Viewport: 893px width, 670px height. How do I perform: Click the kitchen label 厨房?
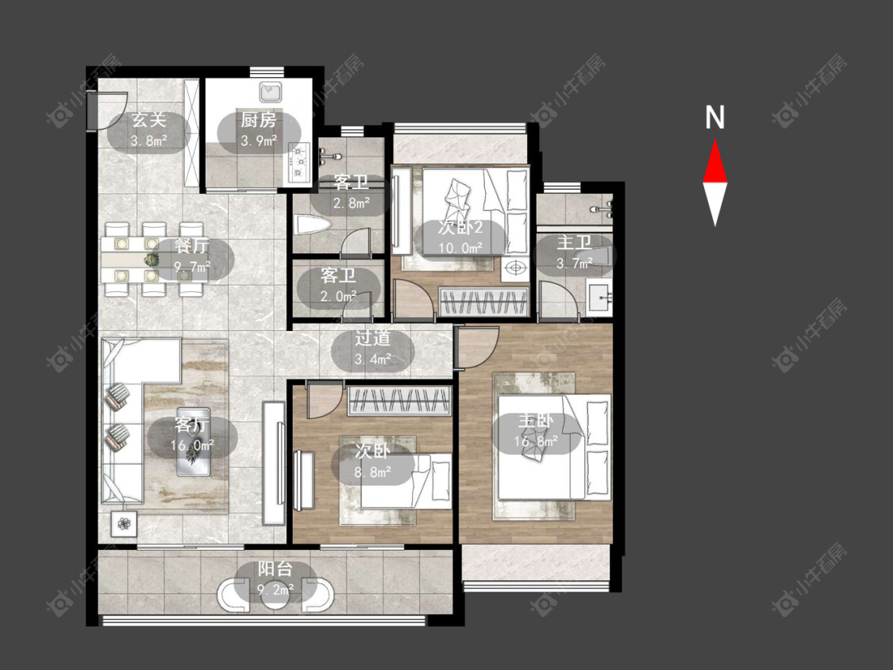[259, 120]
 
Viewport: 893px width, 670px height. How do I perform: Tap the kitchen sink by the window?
[270, 92]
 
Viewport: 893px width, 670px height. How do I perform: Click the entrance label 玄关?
[148, 120]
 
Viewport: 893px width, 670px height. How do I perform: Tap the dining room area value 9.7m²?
[192, 266]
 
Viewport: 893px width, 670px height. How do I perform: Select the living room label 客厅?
[192, 425]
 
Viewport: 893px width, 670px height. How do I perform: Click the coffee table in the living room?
[193, 441]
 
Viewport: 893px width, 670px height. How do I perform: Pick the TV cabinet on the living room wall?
[274, 463]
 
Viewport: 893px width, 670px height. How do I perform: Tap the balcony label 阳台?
[275, 568]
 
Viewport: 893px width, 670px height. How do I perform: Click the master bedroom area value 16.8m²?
[536, 441]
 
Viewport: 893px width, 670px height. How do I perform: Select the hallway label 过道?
[372, 338]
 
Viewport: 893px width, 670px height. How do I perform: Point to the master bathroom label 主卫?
[573, 242]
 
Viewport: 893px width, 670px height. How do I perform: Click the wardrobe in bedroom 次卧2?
[483, 301]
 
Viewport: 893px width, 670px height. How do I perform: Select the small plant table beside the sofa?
[124, 522]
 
